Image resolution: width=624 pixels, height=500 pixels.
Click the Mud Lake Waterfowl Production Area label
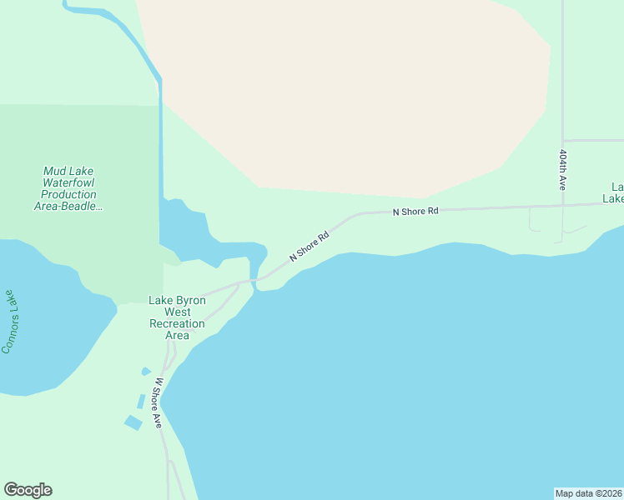(x=69, y=188)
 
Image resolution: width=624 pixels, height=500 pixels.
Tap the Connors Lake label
(x=9, y=322)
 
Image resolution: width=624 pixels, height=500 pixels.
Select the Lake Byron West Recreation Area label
(x=177, y=317)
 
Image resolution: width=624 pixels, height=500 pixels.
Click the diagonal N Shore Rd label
(x=309, y=246)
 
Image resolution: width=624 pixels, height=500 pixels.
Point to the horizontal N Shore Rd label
(x=415, y=212)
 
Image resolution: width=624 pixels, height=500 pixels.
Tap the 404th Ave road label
(x=563, y=170)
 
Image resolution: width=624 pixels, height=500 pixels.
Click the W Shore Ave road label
(x=159, y=403)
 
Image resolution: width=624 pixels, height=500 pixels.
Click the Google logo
(x=28, y=490)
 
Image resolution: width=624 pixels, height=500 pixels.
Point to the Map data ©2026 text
(x=588, y=492)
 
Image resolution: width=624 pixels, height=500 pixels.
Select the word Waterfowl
(x=69, y=182)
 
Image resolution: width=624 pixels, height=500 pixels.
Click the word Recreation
(x=177, y=323)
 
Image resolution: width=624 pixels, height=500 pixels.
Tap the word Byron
(x=193, y=300)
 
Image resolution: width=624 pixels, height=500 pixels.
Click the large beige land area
(x=350, y=92)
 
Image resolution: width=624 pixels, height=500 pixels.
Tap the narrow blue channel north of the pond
(x=160, y=133)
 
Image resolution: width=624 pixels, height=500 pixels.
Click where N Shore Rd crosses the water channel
(x=253, y=280)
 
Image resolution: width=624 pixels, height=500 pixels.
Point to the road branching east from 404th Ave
(x=594, y=140)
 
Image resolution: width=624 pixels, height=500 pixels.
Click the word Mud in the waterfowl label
(x=55, y=171)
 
